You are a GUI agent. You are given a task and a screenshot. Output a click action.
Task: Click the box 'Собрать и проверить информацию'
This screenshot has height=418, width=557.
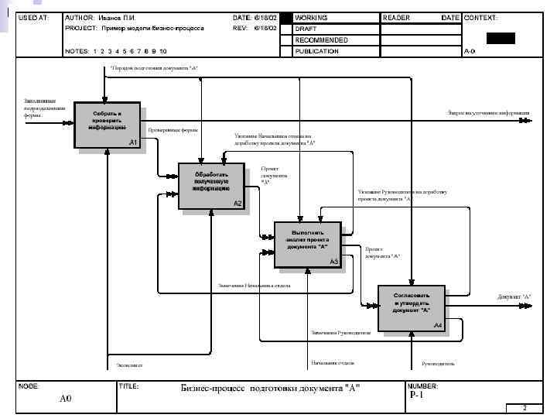coord(108,124)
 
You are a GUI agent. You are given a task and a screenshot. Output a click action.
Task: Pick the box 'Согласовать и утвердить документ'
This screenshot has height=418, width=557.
coord(412,307)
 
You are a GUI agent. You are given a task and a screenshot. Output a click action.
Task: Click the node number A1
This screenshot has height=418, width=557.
coord(133,143)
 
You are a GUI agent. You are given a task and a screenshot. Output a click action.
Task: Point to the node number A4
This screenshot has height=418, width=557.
coord(437,325)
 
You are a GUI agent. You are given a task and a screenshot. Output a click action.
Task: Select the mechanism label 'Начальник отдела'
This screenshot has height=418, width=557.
coord(333,361)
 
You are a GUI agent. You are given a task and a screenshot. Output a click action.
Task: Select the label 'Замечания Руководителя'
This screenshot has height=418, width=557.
coord(341,333)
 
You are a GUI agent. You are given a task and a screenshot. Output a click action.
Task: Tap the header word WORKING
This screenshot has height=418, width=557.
coord(311,17)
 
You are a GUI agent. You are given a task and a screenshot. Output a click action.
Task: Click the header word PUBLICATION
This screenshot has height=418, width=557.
coord(316,51)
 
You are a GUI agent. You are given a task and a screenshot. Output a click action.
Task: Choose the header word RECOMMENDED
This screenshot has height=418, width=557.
coord(321,39)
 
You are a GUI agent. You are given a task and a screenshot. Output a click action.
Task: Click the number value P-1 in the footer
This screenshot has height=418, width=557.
coord(417,395)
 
